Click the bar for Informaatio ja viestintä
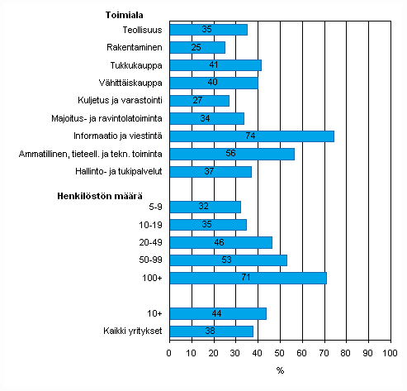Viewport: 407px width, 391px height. point(251,136)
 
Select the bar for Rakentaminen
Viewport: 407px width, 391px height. point(196,47)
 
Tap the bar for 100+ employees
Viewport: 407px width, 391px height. point(248,278)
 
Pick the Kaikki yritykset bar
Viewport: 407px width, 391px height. point(211,331)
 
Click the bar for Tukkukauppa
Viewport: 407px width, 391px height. point(215,65)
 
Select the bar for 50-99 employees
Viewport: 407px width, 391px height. point(228,260)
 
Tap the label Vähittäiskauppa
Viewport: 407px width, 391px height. point(135,83)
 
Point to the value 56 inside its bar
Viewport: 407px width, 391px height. point(230,155)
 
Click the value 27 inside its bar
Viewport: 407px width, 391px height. point(198,101)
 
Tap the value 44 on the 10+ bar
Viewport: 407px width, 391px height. point(217,314)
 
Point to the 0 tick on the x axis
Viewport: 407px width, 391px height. point(169,353)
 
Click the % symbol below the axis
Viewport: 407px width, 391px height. point(280,370)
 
